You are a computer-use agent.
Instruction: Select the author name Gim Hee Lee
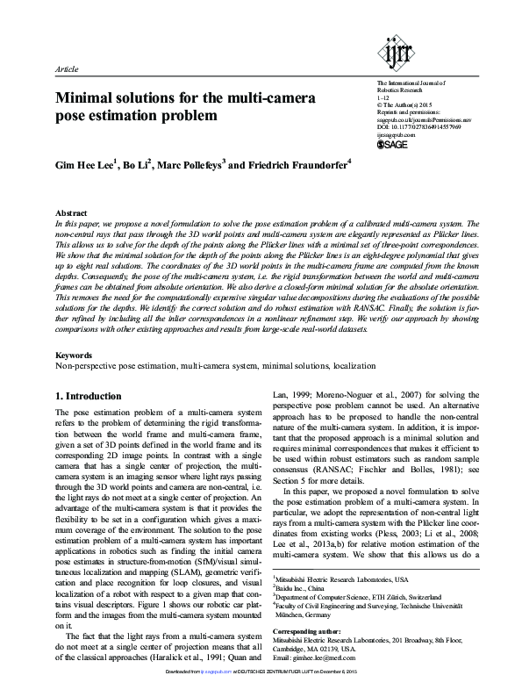[x=85, y=164]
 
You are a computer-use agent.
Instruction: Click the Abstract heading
[x=71, y=213]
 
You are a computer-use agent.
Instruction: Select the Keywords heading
[x=74, y=355]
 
